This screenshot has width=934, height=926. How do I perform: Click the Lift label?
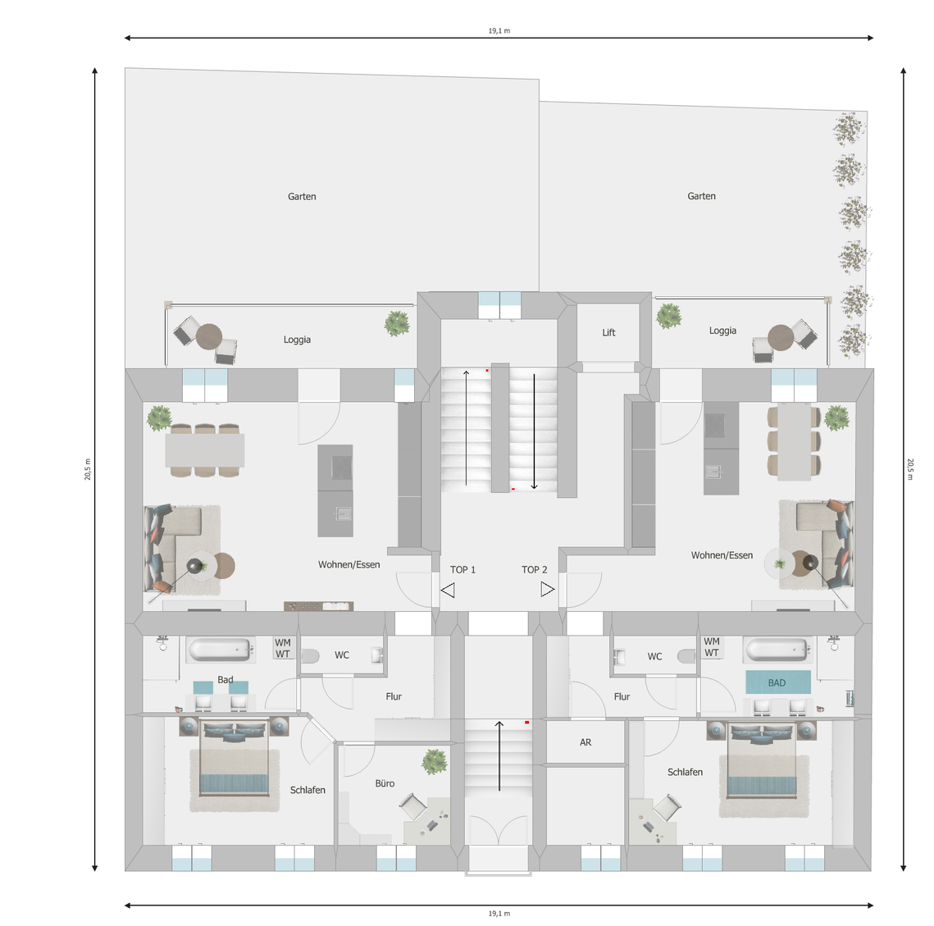point(608,332)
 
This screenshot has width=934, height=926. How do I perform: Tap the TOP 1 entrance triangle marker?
point(448,590)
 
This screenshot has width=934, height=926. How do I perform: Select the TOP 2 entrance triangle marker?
point(548,590)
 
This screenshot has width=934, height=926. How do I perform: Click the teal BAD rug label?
point(777,683)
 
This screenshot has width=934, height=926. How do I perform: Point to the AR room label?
point(585,742)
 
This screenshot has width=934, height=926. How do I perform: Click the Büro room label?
point(385,783)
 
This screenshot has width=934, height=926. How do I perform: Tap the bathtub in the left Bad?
point(220,650)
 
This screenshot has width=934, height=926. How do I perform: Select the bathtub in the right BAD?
point(777,650)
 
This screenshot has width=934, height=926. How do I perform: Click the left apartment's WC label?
point(342,655)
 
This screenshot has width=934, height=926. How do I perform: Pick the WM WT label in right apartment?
point(712,647)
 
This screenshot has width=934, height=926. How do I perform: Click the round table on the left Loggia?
point(209,336)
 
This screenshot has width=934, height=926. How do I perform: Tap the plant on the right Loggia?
point(669,316)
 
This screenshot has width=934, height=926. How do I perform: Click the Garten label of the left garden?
point(302,197)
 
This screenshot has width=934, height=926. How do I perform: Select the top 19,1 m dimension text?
point(499,30)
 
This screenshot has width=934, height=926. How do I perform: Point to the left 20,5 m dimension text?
point(88,469)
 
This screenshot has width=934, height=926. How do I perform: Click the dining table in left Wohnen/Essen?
point(205,450)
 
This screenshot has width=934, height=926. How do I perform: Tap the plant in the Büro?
point(435,761)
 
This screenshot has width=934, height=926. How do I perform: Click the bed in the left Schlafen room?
point(234,757)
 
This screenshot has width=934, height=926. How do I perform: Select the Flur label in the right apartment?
point(622,696)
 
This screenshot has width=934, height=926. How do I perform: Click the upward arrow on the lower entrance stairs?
point(499,756)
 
